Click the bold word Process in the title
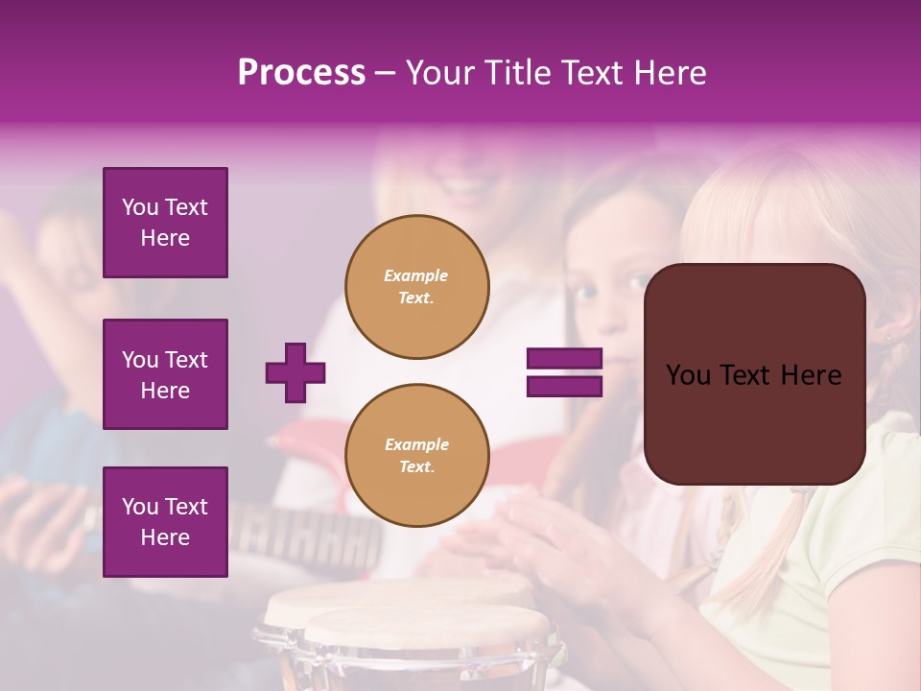coord(301,73)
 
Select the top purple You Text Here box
coord(165,223)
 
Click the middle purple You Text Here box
coord(165,374)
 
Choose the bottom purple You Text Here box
coord(165,521)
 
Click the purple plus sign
coord(295,372)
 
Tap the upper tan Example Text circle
coord(416,287)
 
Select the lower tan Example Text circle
coord(416,456)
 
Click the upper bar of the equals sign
coord(564,359)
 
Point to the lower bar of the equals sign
coord(564,386)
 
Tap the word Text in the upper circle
coord(416,298)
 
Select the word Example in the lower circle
coord(416,444)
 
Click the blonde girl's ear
coord(887,331)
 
